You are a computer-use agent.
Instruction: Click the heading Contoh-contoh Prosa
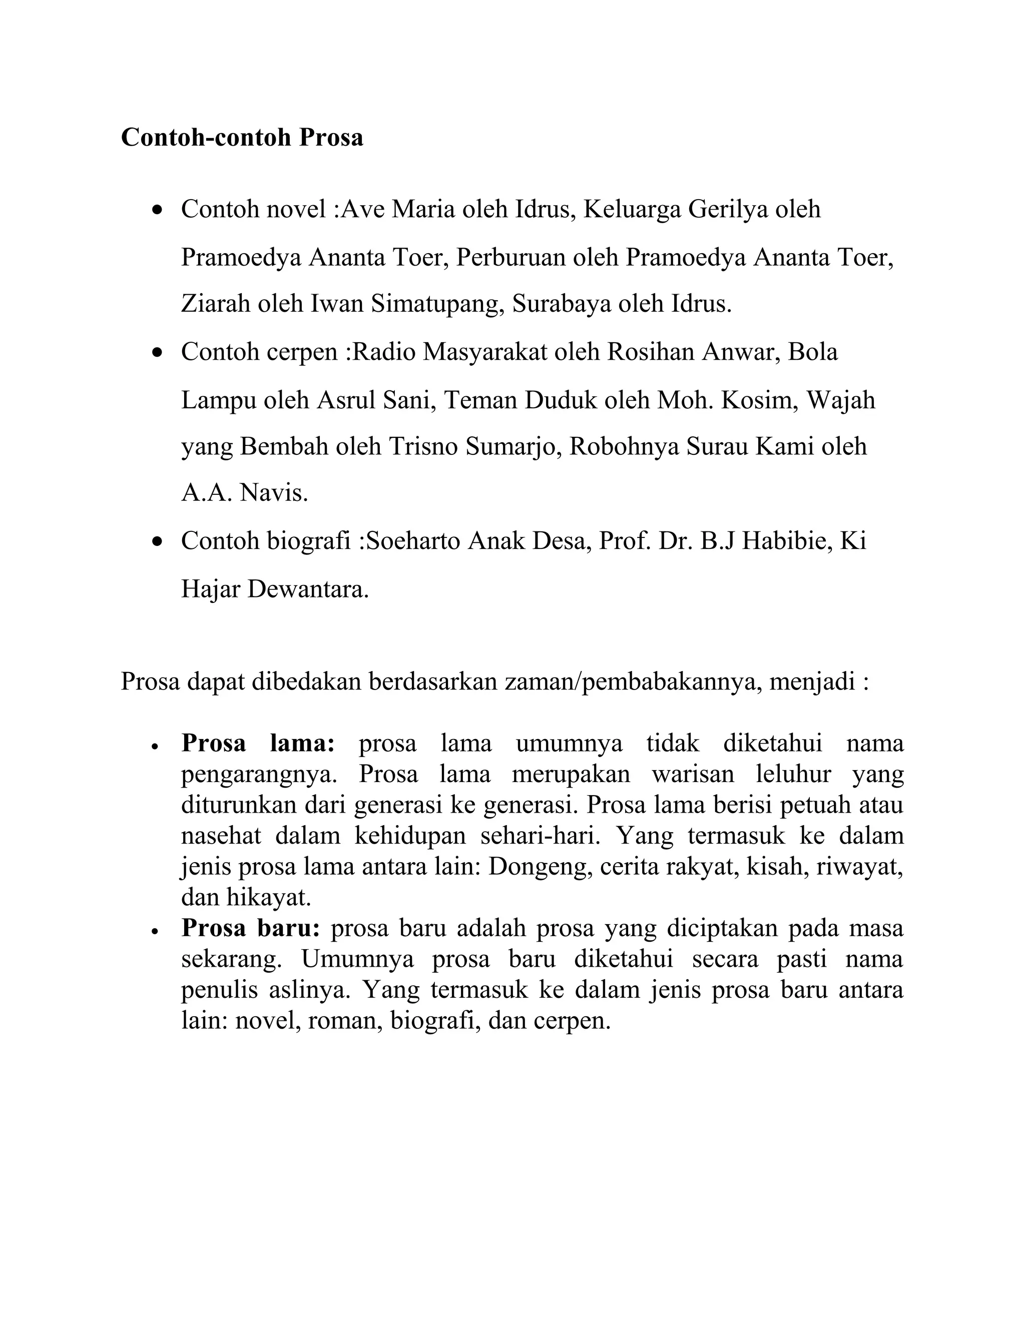[x=242, y=138]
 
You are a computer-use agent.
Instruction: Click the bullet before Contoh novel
[x=158, y=210]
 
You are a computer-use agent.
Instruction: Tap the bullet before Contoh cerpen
[x=158, y=353]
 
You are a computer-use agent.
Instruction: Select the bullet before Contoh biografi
[x=158, y=541]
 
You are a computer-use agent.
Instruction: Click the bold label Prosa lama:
[x=258, y=744]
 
